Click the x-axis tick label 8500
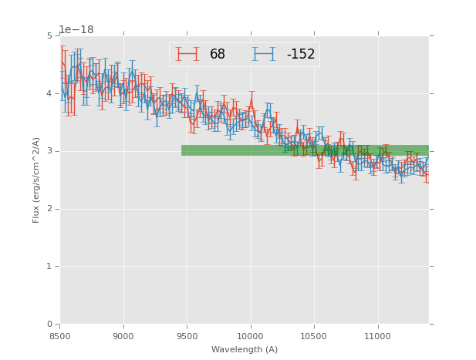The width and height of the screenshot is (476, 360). pyautogui.click(x=59, y=336)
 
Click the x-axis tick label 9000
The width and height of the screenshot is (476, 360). pyautogui.click(x=123, y=336)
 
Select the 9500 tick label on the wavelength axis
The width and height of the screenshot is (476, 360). pyautogui.click(x=187, y=336)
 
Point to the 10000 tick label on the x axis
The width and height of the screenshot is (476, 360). pyautogui.click(x=250, y=336)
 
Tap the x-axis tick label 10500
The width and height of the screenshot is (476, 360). pyautogui.click(x=314, y=336)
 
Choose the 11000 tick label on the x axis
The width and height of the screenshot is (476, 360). pyautogui.click(x=377, y=336)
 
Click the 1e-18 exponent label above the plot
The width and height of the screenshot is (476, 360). pyautogui.click(x=76, y=30)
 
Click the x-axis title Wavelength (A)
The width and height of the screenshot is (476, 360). pyautogui.click(x=244, y=350)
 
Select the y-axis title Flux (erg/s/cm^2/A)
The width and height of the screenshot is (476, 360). pyautogui.click(x=36, y=180)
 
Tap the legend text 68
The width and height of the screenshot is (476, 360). pyautogui.click(x=218, y=55)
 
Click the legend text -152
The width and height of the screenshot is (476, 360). pyautogui.click(x=300, y=55)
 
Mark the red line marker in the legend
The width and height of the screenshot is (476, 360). pyautogui.click(x=187, y=54)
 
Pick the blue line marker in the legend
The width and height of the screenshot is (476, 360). pyautogui.click(x=264, y=54)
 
